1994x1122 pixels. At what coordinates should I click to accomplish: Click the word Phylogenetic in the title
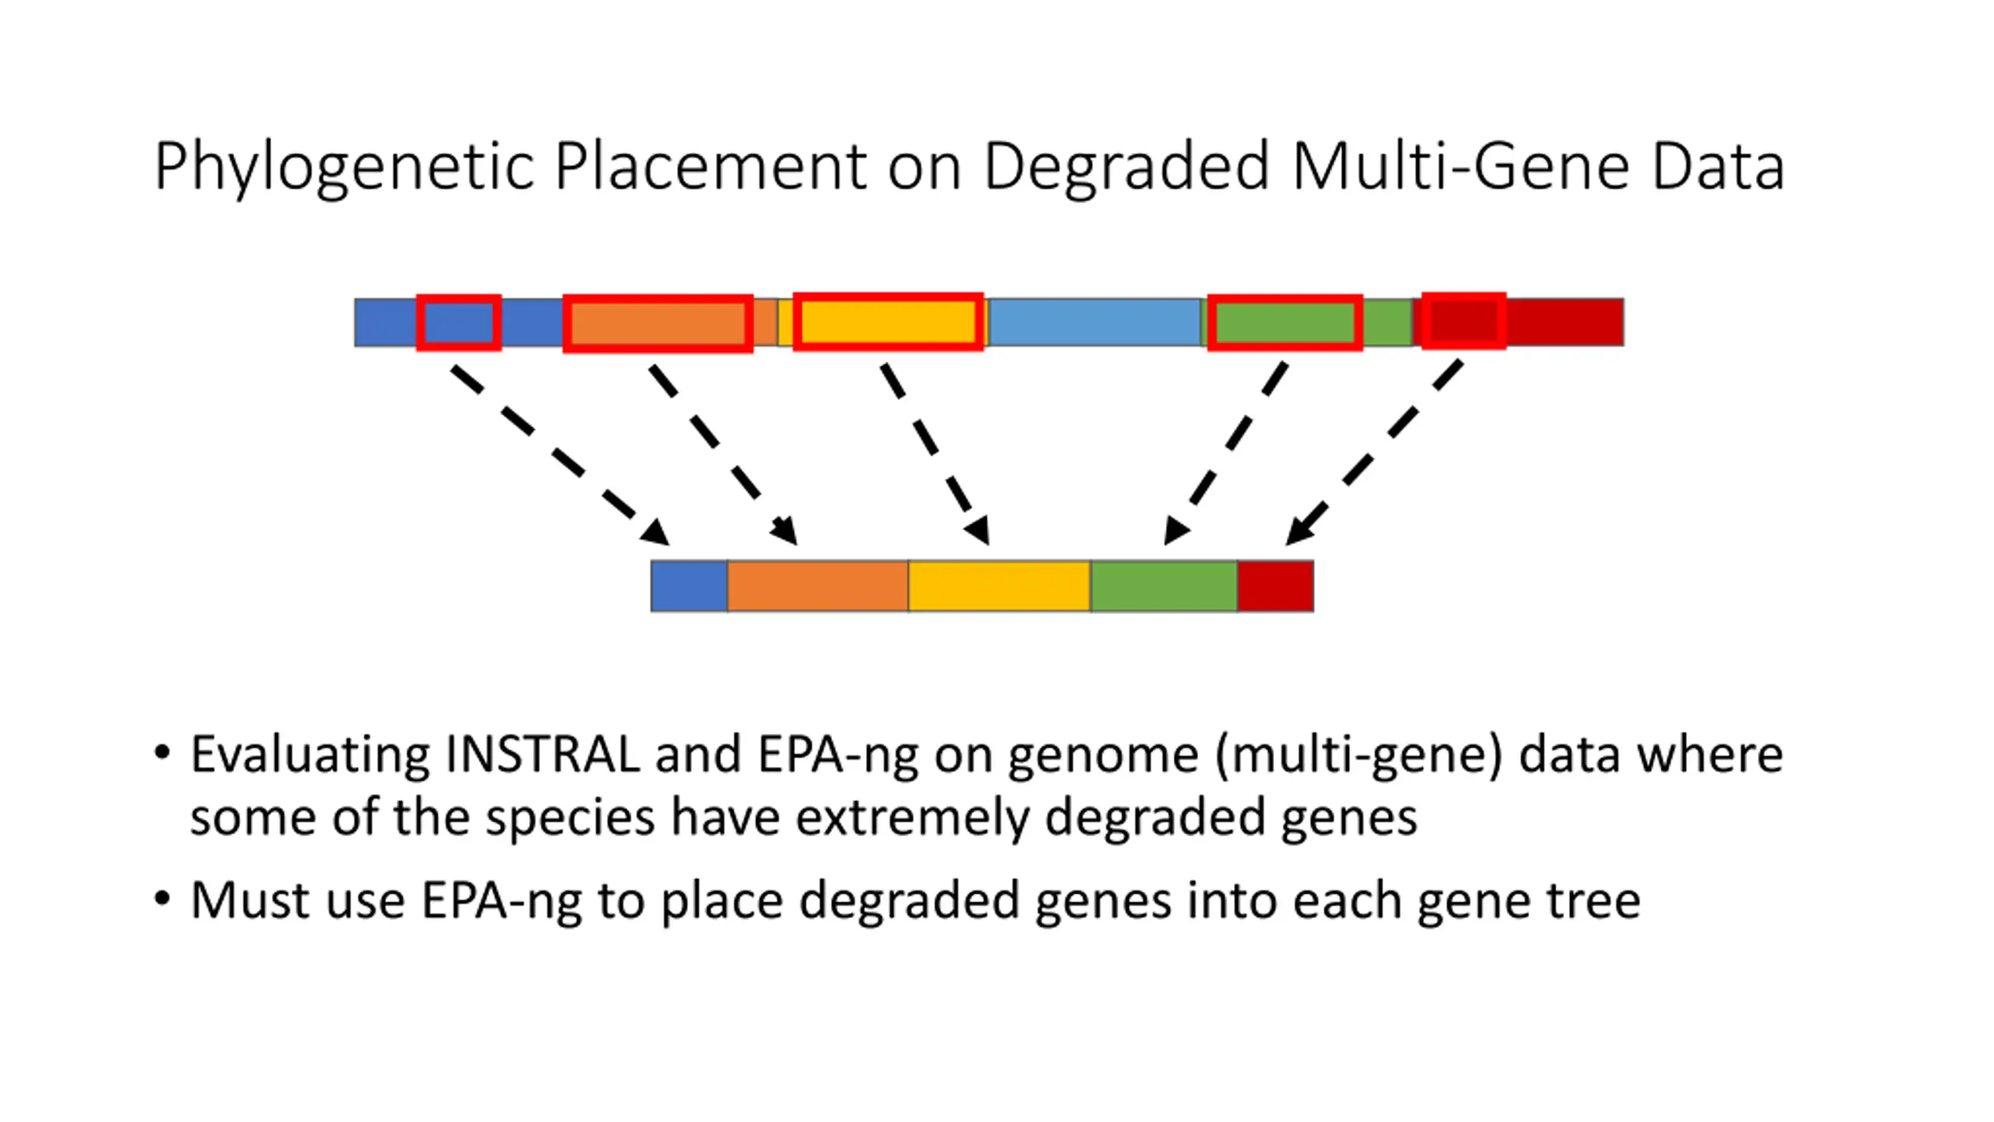(344, 167)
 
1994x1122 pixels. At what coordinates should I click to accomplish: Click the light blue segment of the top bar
(1094, 322)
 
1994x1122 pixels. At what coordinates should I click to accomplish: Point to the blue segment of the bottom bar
(689, 586)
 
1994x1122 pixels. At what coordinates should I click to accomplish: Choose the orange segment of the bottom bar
(818, 586)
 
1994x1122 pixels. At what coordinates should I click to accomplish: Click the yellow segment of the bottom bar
(999, 586)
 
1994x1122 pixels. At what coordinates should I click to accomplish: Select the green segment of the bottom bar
(1164, 586)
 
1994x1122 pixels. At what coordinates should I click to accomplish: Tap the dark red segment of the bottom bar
(1276, 586)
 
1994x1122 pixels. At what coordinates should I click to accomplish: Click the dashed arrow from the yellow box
(935, 454)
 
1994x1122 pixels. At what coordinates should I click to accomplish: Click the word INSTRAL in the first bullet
(543, 754)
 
